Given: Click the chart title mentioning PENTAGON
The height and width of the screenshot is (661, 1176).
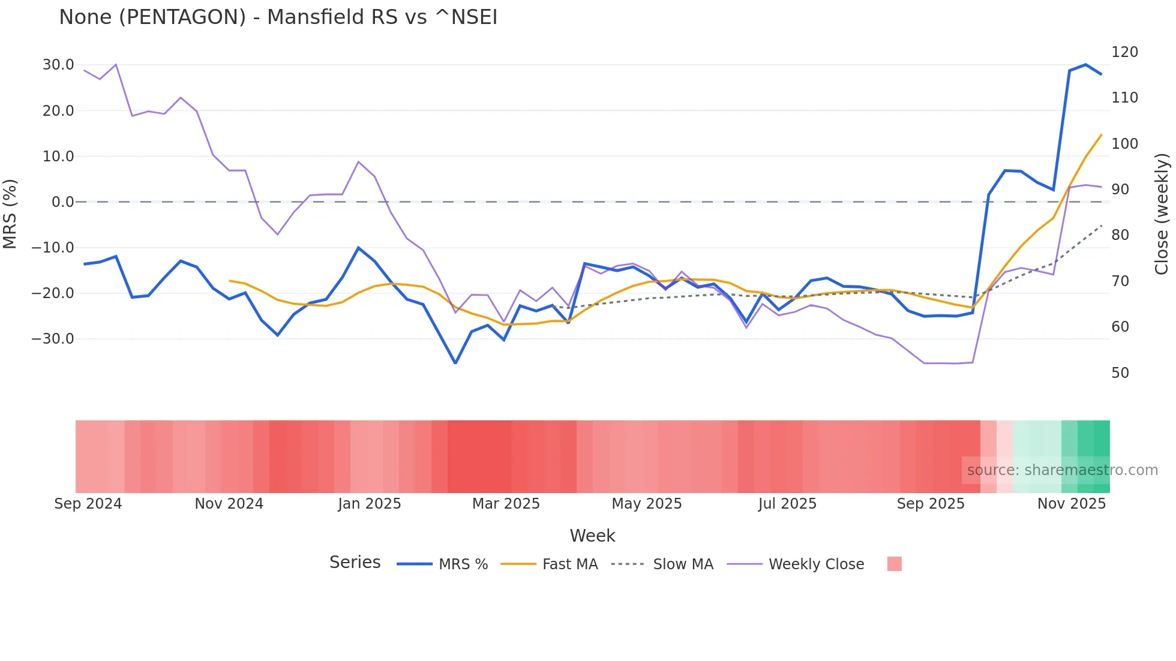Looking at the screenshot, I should pyautogui.click(x=278, y=17).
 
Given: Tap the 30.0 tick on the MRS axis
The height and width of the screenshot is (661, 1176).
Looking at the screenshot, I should pyautogui.click(x=58, y=65).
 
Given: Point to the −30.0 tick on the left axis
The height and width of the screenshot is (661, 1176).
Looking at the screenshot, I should pyautogui.click(x=53, y=339).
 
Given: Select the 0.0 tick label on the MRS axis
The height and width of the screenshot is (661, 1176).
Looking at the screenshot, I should pyautogui.click(x=62, y=202).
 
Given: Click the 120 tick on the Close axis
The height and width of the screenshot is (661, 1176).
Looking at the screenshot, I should pyautogui.click(x=1124, y=52).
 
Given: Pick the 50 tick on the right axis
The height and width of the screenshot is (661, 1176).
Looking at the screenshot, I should pyautogui.click(x=1120, y=373).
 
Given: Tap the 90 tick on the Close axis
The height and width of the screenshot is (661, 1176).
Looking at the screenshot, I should pyautogui.click(x=1120, y=190).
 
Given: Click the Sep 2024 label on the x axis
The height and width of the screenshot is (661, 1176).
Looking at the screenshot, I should pyautogui.click(x=88, y=504).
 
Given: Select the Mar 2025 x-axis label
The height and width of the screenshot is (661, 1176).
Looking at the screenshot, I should pyautogui.click(x=506, y=504).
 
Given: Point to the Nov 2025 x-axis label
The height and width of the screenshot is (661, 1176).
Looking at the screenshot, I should pyautogui.click(x=1072, y=504).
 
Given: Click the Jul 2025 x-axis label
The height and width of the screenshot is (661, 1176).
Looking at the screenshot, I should pyautogui.click(x=787, y=504).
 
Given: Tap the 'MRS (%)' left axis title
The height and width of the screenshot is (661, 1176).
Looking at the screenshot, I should pyautogui.click(x=10, y=214).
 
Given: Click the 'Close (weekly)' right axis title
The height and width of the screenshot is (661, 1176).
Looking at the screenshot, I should pyautogui.click(x=1162, y=214).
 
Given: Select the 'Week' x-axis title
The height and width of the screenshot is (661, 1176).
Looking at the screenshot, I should pyautogui.click(x=592, y=536).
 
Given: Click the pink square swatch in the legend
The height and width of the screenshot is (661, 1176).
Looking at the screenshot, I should pyautogui.click(x=894, y=564).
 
